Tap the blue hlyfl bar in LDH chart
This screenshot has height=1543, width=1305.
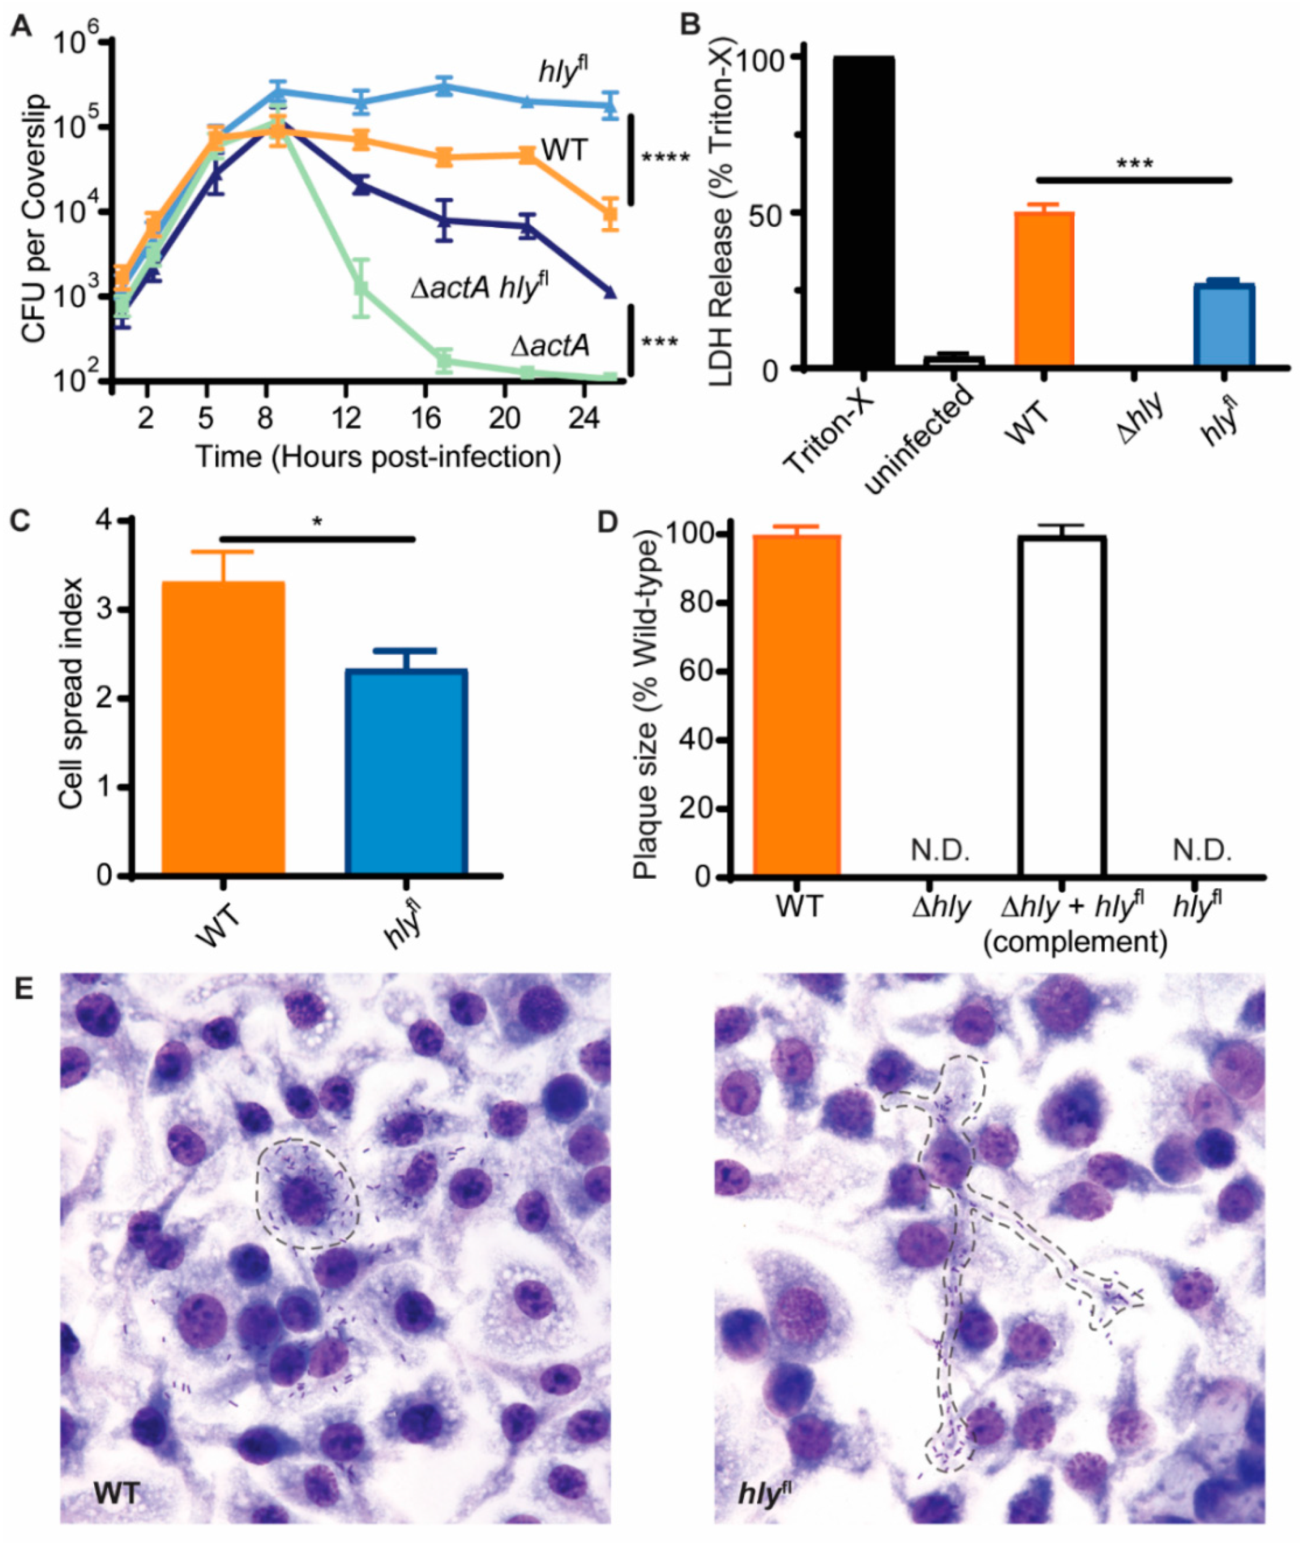tap(1224, 325)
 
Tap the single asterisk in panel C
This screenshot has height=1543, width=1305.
tap(317, 522)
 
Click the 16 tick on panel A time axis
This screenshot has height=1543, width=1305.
tap(426, 419)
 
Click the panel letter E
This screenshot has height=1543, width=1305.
tap(24, 990)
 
